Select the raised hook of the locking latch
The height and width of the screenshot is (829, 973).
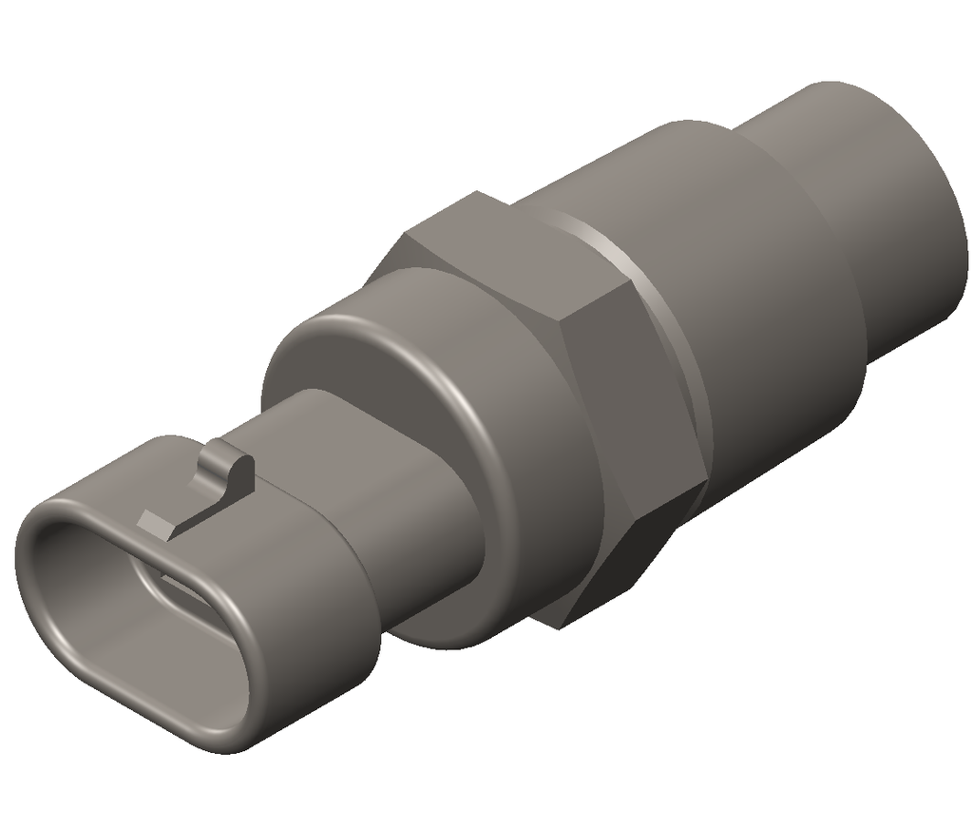tap(233, 472)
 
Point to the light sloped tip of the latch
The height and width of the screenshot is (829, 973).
tap(152, 521)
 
